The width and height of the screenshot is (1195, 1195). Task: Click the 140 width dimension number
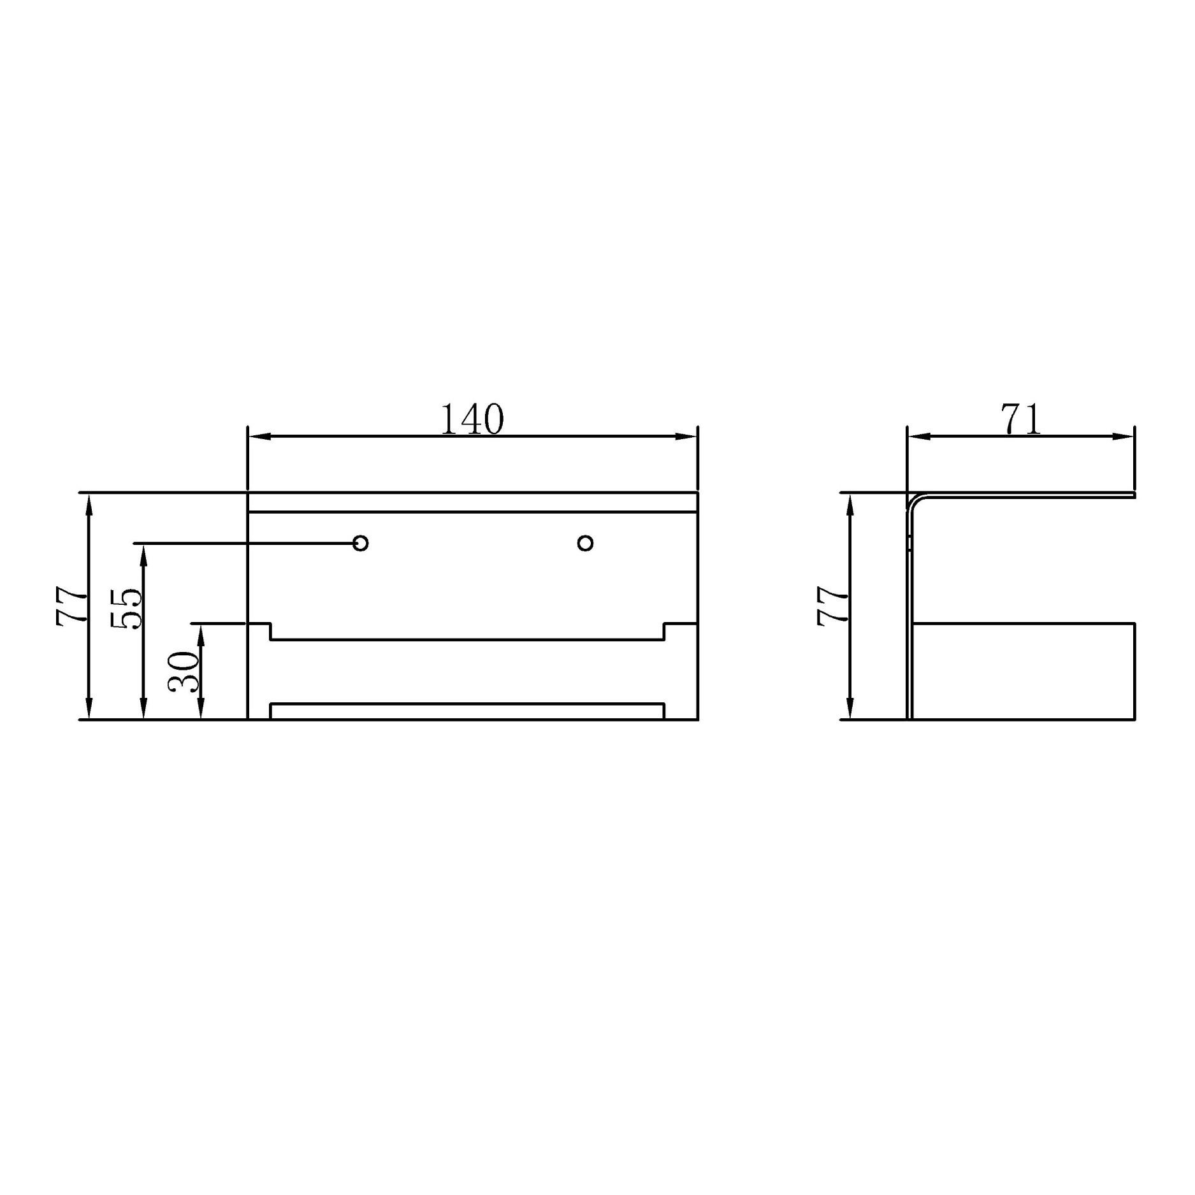472,419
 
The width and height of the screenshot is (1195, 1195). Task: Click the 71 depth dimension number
1021,419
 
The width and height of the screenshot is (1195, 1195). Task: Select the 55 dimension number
127,609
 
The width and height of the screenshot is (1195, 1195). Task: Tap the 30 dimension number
184,672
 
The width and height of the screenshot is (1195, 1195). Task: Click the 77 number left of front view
71,606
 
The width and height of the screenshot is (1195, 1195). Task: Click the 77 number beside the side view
833,606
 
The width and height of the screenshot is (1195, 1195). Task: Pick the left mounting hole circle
361,543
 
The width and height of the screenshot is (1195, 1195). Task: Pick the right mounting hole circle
585,543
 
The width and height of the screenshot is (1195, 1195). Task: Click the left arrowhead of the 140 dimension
258,437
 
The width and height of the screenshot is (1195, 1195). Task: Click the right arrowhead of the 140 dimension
687,437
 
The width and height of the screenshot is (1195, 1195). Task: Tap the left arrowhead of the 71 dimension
918,437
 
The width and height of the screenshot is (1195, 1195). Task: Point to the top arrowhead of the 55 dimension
143,554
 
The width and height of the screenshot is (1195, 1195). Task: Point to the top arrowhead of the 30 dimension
201,635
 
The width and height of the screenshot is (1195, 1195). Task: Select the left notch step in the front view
271,631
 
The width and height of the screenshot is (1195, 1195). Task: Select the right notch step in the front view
664,631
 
